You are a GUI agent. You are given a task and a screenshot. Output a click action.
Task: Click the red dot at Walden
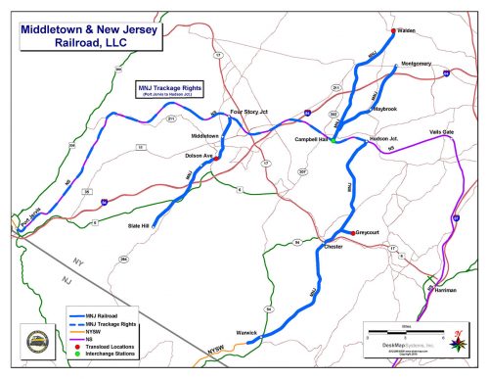(x=393, y=30)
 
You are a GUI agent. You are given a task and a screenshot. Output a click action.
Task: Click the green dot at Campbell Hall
(x=333, y=141)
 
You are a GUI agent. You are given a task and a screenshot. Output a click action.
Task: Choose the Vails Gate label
(x=441, y=131)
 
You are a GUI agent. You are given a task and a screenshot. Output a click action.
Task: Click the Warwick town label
(x=245, y=333)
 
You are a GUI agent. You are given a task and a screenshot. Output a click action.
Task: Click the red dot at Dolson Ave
(x=215, y=157)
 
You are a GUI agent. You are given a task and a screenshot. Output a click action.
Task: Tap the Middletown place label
(x=204, y=135)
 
